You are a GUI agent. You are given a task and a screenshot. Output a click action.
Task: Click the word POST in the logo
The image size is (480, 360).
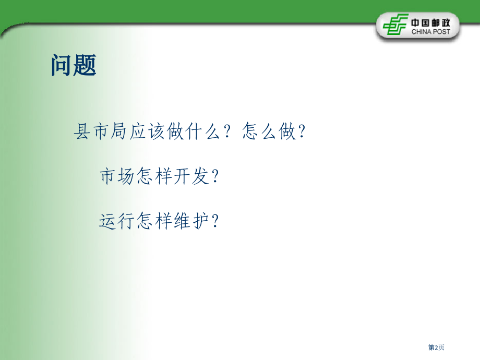pos(447,31)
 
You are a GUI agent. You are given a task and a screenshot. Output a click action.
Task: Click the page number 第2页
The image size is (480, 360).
pos(436,347)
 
